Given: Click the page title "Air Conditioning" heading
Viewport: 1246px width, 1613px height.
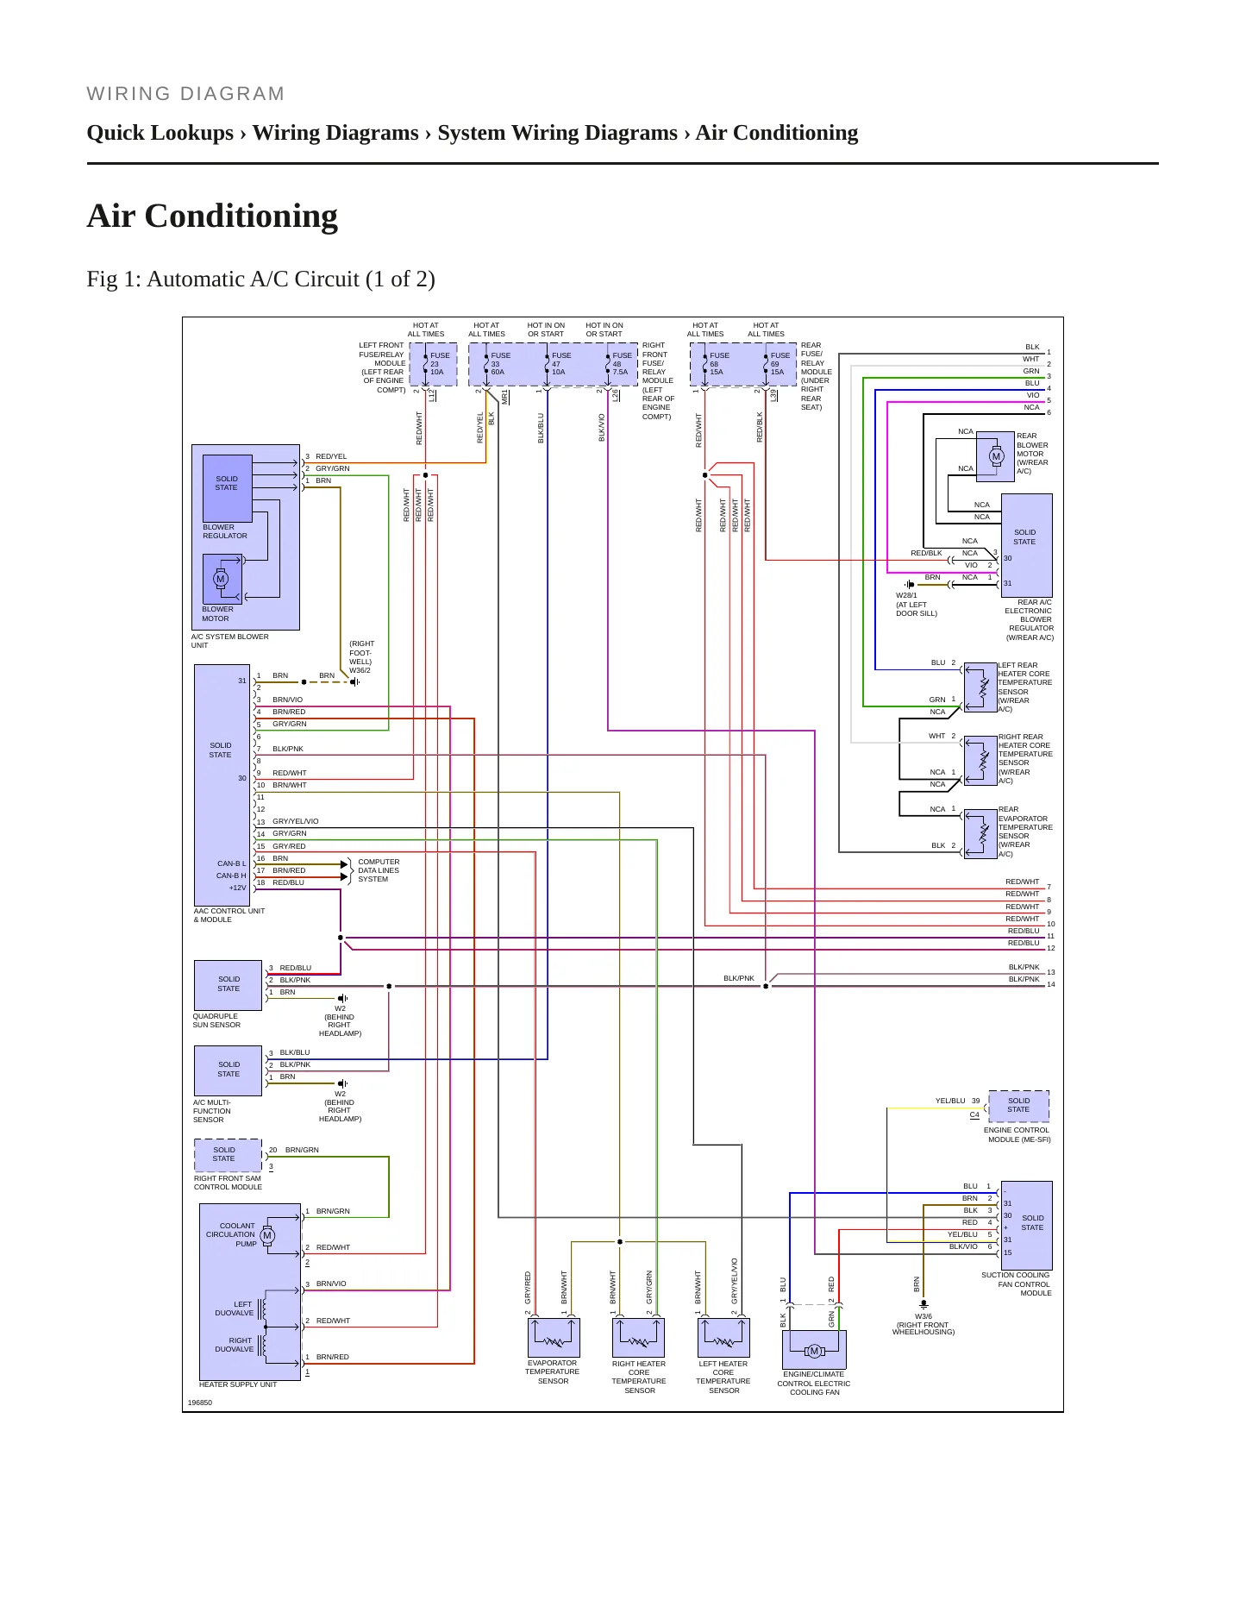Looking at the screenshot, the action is [x=212, y=217].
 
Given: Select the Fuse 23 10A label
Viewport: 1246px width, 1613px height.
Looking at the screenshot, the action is [x=439, y=363].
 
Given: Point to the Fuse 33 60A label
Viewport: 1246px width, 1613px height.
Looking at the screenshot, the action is [x=500, y=363].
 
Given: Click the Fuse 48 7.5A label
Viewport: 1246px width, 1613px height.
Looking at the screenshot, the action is [x=622, y=363].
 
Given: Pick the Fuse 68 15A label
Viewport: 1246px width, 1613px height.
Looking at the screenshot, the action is [x=719, y=363].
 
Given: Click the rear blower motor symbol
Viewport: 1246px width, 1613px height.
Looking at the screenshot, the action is [x=996, y=456].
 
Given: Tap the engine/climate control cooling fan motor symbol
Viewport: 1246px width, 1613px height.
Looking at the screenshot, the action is [x=814, y=1351].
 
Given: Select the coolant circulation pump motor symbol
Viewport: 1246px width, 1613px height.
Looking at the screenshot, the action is [x=267, y=1235].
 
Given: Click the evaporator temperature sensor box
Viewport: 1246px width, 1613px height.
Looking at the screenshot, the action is [x=554, y=1338].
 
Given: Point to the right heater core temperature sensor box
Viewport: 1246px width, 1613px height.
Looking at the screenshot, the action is [x=638, y=1338].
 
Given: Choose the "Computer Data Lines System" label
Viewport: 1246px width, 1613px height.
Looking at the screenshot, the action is [x=379, y=870].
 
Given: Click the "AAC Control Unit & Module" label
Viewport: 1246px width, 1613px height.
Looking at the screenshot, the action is [x=229, y=915].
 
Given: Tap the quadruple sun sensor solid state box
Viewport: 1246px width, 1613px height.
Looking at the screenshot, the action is [x=229, y=985].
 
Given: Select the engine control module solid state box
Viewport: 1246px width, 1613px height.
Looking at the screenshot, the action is [x=1018, y=1106].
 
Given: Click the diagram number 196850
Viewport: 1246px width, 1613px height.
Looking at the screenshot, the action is [x=200, y=1403].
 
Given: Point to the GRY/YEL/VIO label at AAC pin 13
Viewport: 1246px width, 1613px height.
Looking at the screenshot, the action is [x=296, y=821].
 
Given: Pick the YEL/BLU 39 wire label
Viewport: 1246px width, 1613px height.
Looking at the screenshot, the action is [x=958, y=1101].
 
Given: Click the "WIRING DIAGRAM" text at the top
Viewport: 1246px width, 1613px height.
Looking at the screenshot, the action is [x=185, y=94].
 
